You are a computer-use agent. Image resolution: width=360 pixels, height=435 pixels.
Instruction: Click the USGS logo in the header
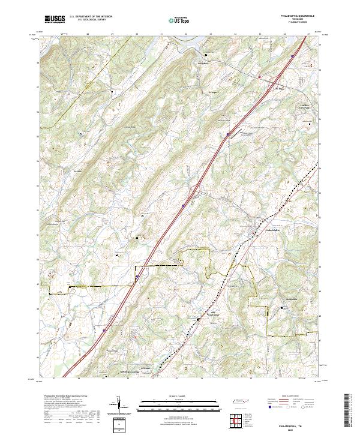point(55,19)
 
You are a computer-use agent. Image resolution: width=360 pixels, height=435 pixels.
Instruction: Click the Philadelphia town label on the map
point(271,230)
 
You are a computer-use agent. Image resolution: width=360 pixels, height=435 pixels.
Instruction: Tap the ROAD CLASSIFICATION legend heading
point(288,397)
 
